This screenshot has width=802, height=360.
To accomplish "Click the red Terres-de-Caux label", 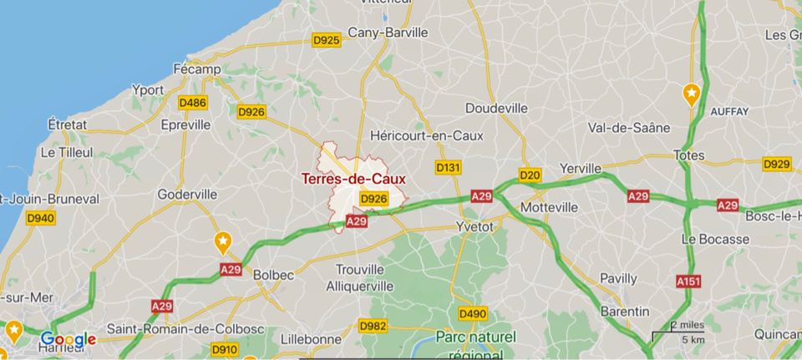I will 353,179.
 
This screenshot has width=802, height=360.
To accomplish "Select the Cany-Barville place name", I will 387,33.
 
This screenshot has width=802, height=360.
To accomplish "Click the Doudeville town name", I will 496,109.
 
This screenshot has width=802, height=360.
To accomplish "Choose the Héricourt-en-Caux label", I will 426,134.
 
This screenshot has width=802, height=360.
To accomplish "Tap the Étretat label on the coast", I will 68,124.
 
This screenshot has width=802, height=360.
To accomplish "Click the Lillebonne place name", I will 312,339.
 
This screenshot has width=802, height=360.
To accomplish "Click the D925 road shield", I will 326,39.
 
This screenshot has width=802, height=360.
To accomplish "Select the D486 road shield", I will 192,103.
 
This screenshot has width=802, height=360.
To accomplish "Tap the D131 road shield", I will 448,168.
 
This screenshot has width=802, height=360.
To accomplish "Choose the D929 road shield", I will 777,164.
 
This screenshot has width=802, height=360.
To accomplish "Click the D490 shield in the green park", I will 473,313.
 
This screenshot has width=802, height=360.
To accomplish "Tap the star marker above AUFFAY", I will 691,94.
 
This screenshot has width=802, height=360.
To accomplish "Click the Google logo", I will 69,339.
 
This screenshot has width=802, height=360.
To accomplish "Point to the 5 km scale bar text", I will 693,339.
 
